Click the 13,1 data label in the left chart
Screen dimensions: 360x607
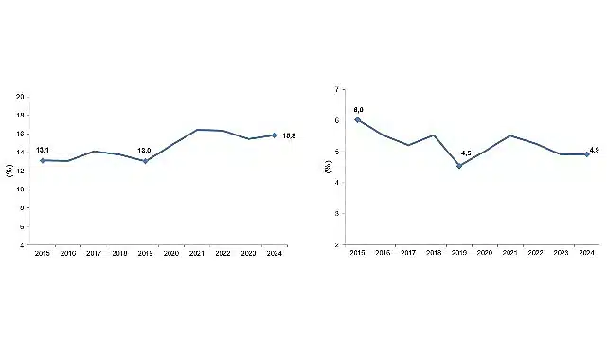(43, 150)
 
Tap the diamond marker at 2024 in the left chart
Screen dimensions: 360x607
(274, 135)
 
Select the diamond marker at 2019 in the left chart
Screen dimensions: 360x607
(145, 161)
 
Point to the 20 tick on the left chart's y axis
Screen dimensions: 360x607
(21, 96)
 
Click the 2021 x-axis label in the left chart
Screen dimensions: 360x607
(197, 254)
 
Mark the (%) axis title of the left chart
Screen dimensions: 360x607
(9, 171)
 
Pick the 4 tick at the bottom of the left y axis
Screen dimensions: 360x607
(23, 245)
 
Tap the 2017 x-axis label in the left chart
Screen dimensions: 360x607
(94, 254)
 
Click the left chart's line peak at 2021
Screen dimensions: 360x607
(197, 129)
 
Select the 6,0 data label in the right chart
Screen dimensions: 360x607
(358, 110)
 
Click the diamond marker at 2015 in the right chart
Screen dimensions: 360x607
(357, 119)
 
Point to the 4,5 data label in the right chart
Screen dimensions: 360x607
(466, 154)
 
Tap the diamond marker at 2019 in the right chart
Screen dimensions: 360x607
(459, 166)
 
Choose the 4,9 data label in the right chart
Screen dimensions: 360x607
(595, 150)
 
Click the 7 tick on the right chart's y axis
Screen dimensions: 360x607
(338, 89)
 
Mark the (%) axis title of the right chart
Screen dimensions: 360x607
(327, 167)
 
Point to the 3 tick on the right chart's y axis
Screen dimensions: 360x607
(338, 214)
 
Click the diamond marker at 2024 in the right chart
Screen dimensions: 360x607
(587, 154)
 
